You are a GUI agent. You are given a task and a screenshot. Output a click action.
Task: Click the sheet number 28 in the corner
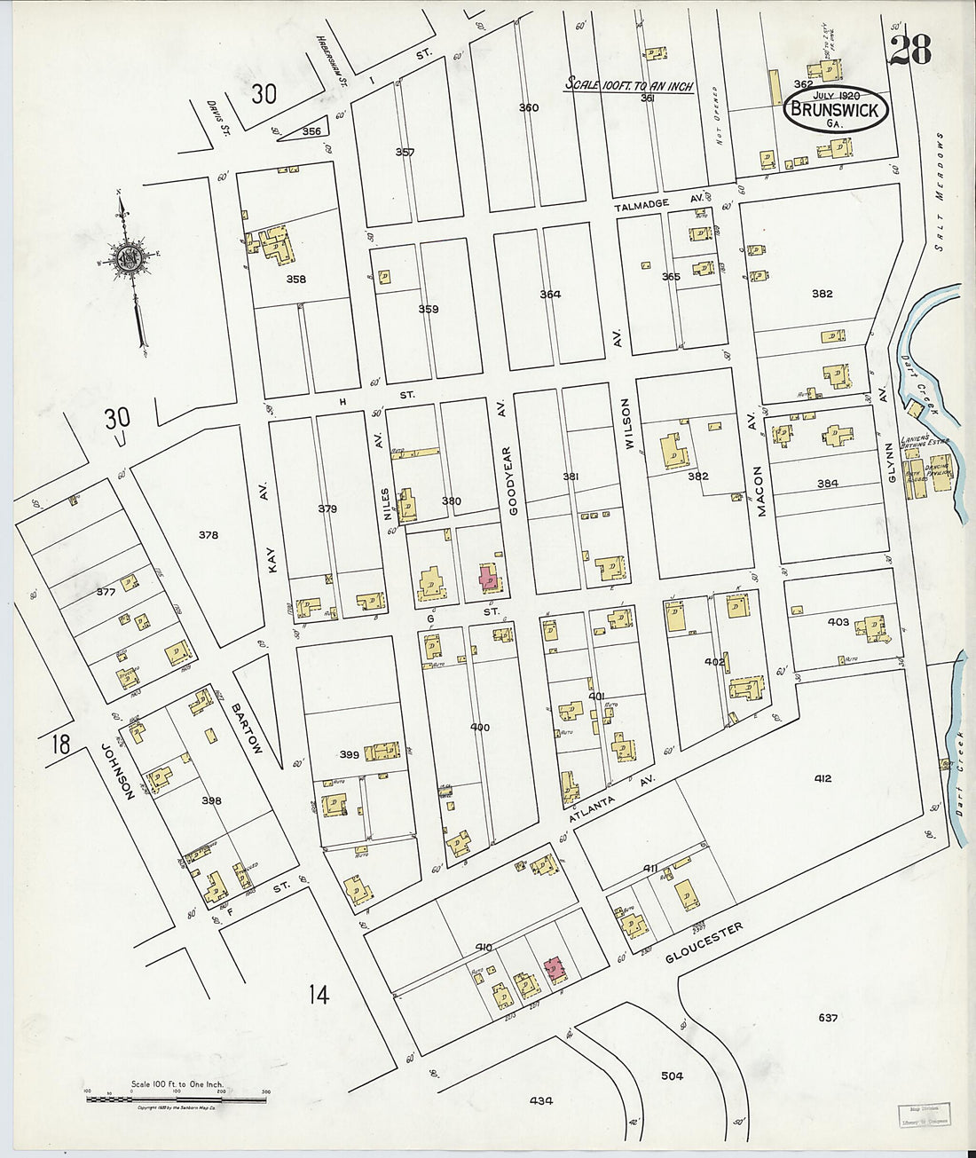tap(909, 51)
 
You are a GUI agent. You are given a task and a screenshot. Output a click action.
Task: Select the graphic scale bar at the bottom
tap(177, 1099)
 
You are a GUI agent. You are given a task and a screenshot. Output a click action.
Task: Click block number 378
tap(209, 535)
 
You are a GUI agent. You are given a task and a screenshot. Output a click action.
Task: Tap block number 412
tap(822, 778)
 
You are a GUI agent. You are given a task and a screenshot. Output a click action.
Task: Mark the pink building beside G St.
tap(488, 578)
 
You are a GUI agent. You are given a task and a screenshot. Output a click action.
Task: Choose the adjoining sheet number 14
tap(319, 995)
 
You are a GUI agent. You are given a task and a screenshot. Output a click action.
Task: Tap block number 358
tap(295, 280)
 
